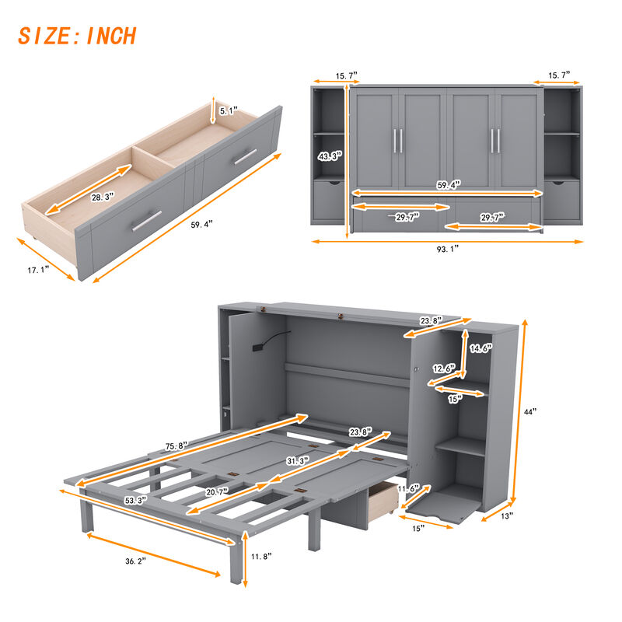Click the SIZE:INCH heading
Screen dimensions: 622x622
click(77, 36)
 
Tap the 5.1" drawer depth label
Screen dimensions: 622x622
click(228, 111)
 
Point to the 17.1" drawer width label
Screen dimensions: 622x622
click(36, 269)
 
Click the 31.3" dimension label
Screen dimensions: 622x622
click(295, 461)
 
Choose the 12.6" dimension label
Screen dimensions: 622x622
click(444, 369)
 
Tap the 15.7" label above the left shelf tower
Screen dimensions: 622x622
click(346, 75)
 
